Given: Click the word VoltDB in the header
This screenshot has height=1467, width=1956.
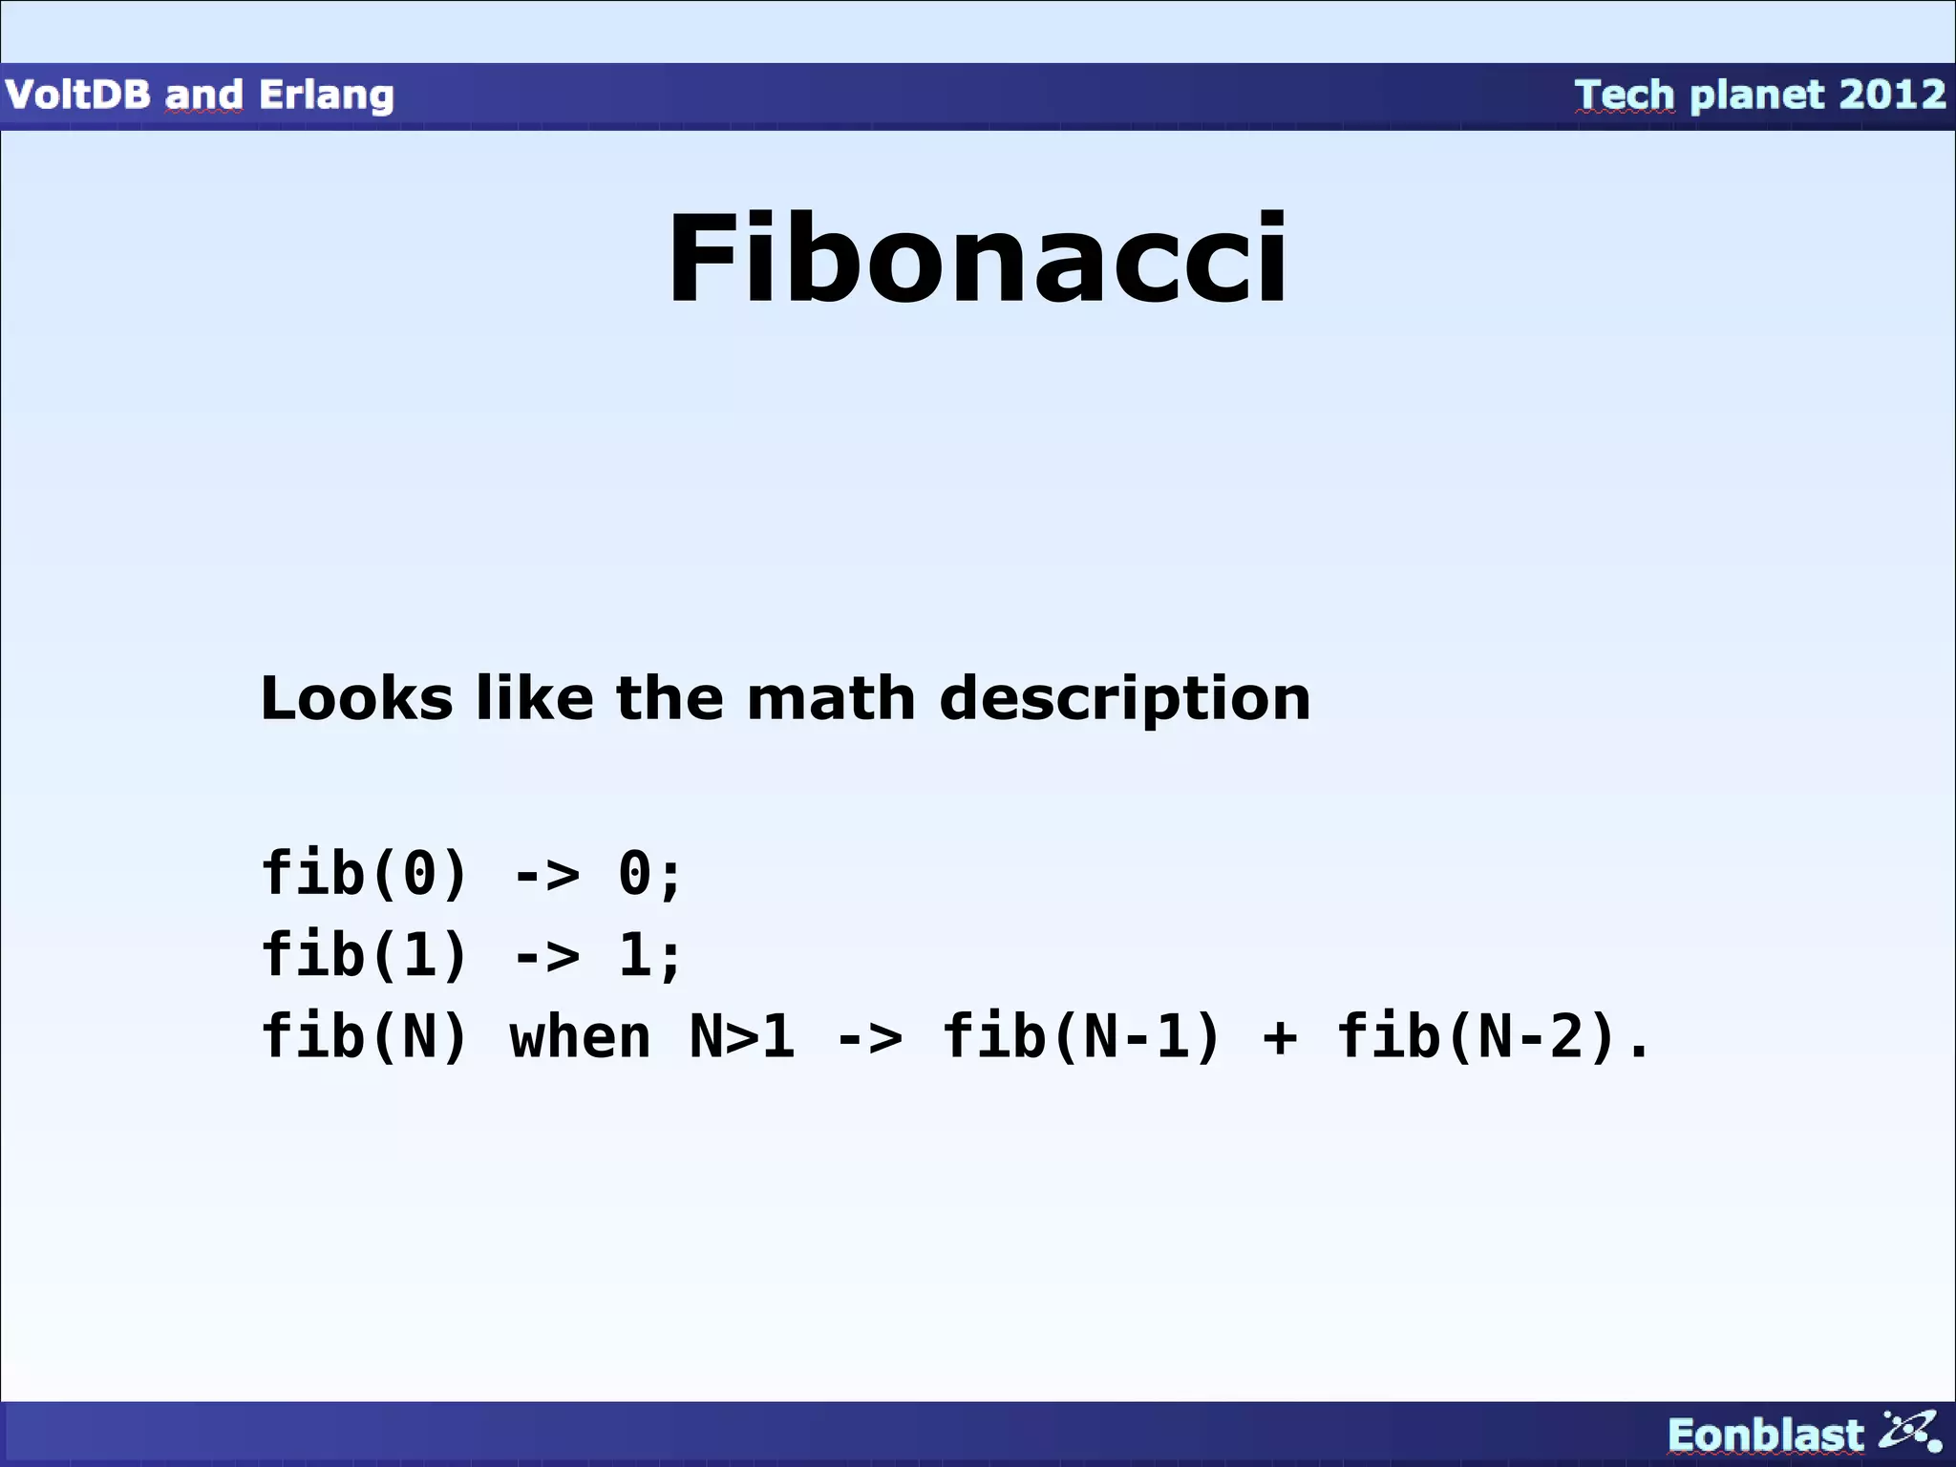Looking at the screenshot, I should (77, 96).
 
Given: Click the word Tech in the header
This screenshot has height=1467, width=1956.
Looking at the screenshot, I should (1625, 96).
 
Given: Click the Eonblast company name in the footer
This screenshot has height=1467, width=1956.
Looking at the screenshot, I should (1765, 1435).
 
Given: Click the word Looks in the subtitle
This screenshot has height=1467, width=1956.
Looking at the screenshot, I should (356, 698).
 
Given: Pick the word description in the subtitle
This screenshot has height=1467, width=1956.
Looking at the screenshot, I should (1125, 700).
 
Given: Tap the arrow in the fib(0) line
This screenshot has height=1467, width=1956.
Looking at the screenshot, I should (545, 875).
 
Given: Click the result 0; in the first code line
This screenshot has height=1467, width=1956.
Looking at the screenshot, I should (649, 875).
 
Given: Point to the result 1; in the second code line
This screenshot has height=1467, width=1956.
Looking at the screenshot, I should (649, 956).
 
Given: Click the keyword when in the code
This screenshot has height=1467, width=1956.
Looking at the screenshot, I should (580, 1037).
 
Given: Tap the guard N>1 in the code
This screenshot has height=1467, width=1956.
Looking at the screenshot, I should (742, 1037).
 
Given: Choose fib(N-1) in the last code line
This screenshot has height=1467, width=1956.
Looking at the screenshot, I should (1082, 1037).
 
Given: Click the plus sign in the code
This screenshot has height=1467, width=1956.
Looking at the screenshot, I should (1279, 1039).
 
